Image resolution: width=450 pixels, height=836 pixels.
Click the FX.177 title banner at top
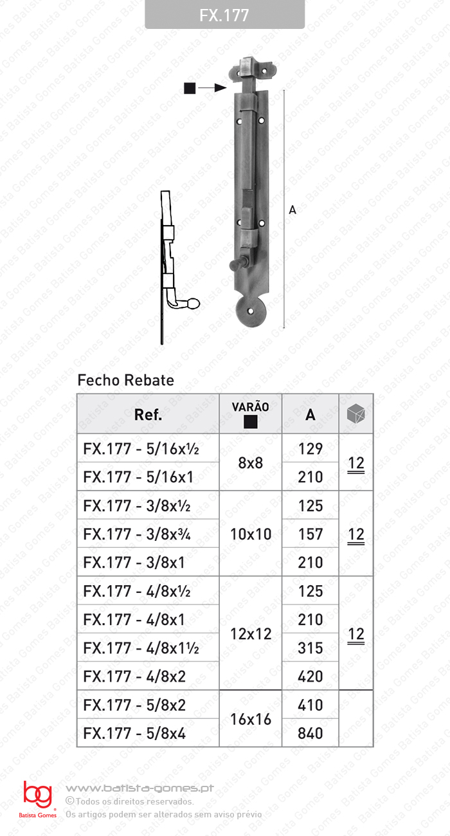tap(224, 15)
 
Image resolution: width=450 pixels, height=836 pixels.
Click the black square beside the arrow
tap(189, 88)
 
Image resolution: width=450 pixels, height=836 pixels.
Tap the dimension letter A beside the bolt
tap(292, 210)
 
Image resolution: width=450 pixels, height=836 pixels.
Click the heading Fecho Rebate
tap(125, 380)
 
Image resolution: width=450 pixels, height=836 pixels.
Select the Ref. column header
tap(148, 415)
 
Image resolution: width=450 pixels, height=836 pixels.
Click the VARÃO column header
tap(250, 414)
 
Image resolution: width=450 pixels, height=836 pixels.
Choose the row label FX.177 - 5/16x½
tap(141, 449)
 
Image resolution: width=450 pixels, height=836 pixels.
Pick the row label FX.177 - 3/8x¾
tap(141, 534)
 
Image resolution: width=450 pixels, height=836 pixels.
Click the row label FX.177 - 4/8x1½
tap(141, 648)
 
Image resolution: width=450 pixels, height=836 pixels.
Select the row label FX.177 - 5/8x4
tap(134, 733)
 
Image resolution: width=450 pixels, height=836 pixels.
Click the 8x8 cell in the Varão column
tap(250, 463)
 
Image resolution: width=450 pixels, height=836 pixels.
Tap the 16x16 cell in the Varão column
tap(250, 719)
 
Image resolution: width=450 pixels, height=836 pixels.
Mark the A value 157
tap(310, 534)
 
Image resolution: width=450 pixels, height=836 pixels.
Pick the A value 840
tap(310, 733)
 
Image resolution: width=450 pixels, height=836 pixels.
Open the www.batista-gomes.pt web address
tap(139, 788)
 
